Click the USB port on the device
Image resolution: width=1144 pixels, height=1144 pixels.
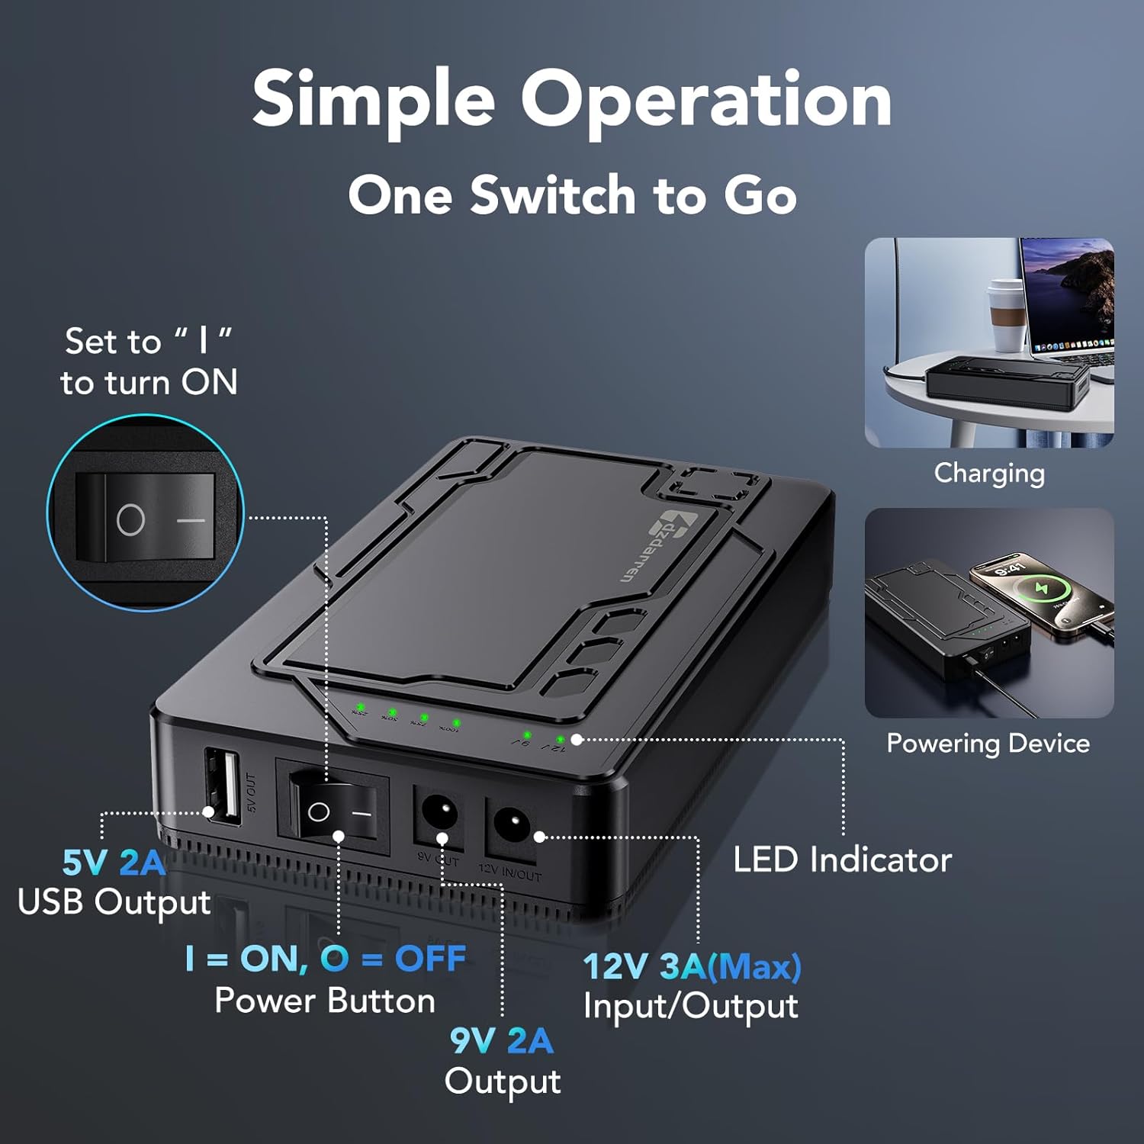point(222,787)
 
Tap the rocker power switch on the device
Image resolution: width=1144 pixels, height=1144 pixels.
point(333,811)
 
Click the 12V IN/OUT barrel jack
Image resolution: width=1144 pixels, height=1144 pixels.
point(510,824)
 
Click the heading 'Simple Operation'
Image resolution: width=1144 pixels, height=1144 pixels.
point(572,100)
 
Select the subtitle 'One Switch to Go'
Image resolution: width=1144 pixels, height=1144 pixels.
point(572,195)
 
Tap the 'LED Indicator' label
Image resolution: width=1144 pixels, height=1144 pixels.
point(842,860)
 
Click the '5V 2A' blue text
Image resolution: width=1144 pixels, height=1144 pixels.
point(114,863)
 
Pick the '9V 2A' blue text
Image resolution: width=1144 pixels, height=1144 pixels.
point(501,1040)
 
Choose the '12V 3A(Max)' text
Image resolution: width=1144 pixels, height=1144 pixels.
point(692,966)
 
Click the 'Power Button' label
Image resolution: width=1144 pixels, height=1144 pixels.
point(325,1001)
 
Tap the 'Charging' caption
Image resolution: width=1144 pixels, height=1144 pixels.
point(989,474)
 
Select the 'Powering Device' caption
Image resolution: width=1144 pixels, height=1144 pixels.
point(988,744)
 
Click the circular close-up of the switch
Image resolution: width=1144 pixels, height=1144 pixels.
point(146,513)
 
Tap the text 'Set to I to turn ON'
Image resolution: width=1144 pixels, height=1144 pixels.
point(149,362)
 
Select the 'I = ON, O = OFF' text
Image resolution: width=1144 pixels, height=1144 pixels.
point(325,959)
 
